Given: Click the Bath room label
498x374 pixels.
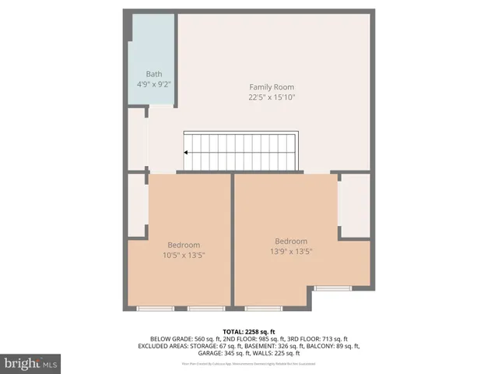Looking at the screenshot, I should point(153,74).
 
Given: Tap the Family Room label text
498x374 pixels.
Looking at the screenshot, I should point(272,86).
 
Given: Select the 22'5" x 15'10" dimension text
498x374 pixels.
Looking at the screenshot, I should point(272,97).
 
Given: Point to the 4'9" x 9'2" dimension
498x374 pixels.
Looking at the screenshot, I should point(153,84).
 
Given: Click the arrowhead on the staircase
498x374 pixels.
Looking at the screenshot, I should point(187,153).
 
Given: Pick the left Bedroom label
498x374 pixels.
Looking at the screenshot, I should point(184,244).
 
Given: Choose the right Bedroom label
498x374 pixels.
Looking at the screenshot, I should point(290,241).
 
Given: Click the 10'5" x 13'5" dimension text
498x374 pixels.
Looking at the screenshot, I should point(184,255).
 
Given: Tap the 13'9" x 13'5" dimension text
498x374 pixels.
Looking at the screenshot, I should point(290,251).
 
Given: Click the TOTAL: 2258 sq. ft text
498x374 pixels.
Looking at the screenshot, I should point(249,330).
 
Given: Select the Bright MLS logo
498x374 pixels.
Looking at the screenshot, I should point(30,363).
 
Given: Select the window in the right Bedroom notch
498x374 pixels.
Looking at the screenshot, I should point(333,288).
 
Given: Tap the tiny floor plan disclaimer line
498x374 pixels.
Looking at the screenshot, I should point(249,364).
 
